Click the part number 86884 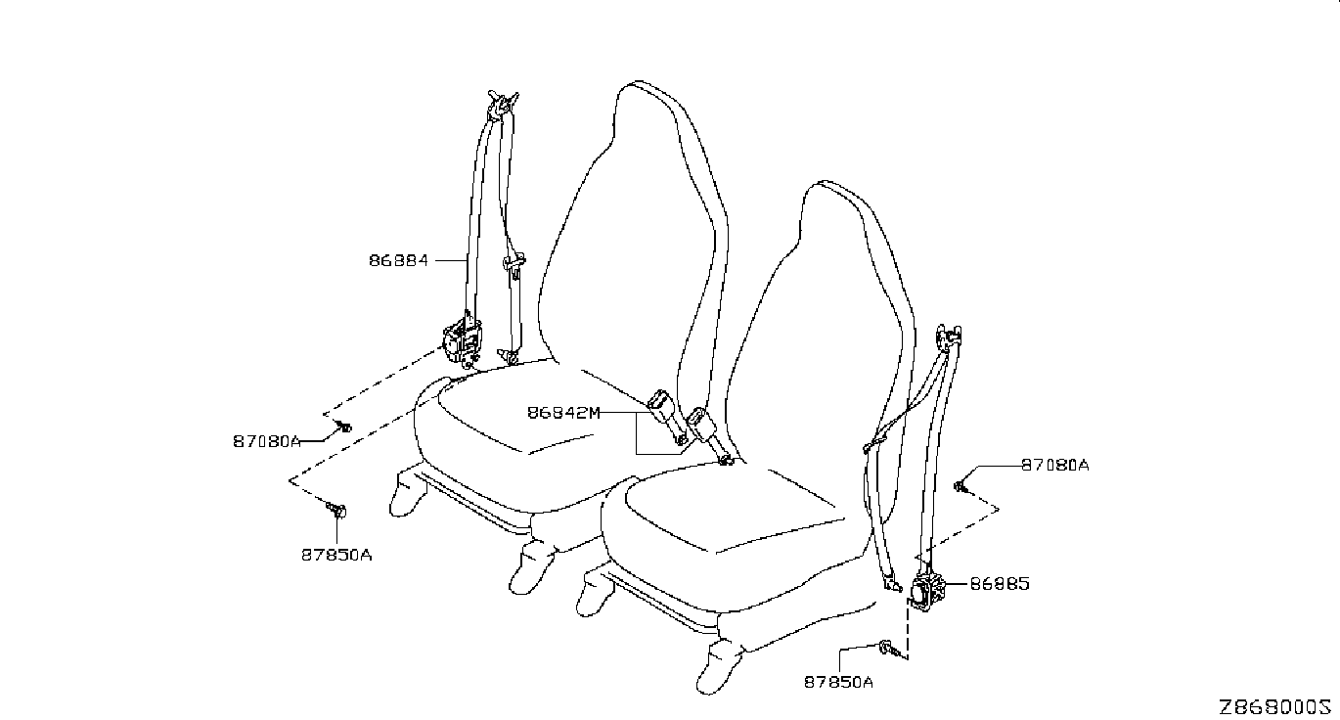pyautogui.click(x=398, y=261)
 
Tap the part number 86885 pyautogui.click(x=1000, y=585)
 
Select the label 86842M pyautogui.click(x=562, y=413)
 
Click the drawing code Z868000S pyautogui.click(x=1275, y=706)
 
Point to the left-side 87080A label pyautogui.click(x=266, y=441)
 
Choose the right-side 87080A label pyautogui.click(x=1054, y=466)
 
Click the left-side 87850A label pyautogui.click(x=335, y=555)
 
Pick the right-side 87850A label pyautogui.click(x=838, y=682)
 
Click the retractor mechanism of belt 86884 pyautogui.click(x=461, y=338)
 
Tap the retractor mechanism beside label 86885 pyautogui.click(x=926, y=591)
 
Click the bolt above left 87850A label pyautogui.click(x=336, y=509)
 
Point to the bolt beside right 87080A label pyautogui.click(x=961, y=483)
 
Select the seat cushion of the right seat pyautogui.click(x=724, y=514)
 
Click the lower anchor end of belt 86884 pyautogui.click(x=510, y=354)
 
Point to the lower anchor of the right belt pyautogui.click(x=892, y=585)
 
